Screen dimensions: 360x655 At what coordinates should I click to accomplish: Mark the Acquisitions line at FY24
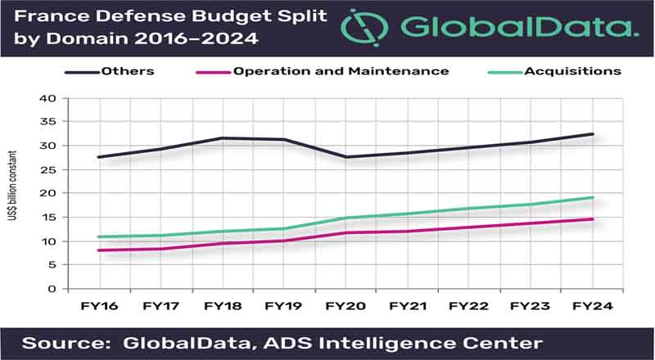(592, 197)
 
